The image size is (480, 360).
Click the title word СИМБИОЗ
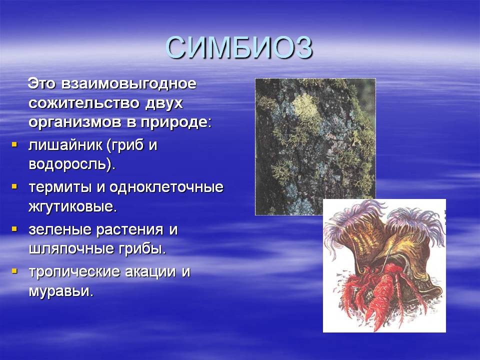[239, 48]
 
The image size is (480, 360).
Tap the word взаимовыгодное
[128, 84]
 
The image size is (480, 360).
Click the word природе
[176, 123]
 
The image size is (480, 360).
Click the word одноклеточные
[166, 187]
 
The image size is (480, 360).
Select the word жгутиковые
[72, 206]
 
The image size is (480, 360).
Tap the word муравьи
[60, 291]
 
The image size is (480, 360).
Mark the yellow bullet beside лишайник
[14, 143]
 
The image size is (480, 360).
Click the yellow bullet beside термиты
[14, 186]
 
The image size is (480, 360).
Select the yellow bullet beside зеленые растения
[14, 228]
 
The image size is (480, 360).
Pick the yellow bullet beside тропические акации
[14, 270]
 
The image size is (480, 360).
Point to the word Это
[41, 84]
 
